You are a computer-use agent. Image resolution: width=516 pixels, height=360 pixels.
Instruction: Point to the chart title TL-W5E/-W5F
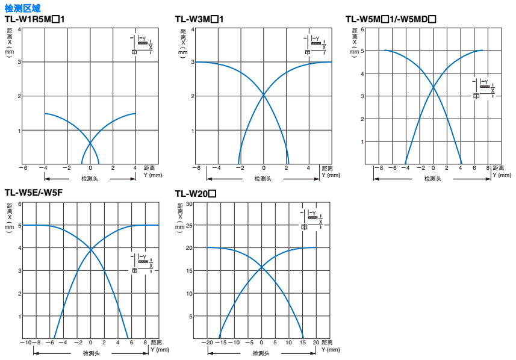(x=34, y=193)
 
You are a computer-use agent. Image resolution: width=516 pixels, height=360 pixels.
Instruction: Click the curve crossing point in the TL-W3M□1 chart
(x=264, y=95)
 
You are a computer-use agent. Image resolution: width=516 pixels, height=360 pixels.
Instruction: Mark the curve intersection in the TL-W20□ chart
(x=261, y=267)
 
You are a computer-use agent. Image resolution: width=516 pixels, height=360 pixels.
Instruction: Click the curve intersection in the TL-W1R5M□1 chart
(x=90, y=143)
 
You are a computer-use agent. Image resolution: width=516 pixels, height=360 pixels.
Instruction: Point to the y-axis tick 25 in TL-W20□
(x=188, y=226)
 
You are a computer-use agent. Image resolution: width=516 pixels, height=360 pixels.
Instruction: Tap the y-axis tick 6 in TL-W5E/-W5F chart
(x=19, y=203)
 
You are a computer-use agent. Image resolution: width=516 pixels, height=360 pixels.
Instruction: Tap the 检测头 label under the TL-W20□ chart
(x=261, y=353)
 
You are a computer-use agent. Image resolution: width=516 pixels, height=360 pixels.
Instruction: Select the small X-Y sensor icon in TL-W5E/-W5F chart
(x=143, y=264)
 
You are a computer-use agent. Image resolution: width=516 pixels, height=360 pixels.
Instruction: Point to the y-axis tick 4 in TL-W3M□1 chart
(x=193, y=29)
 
